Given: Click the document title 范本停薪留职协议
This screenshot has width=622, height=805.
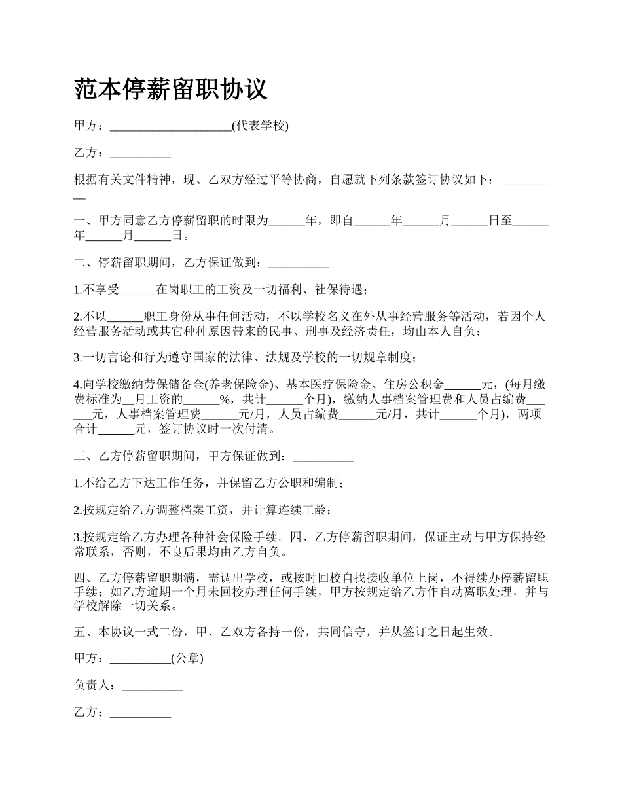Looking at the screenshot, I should (171, 89).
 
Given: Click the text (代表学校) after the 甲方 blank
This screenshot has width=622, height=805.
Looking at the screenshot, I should (260, 126).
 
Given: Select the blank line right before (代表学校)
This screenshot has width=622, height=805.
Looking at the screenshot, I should (170, 127).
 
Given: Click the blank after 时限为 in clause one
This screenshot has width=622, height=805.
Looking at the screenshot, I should (287, 221).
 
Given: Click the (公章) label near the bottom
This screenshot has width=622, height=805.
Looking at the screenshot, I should (187, 659).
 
